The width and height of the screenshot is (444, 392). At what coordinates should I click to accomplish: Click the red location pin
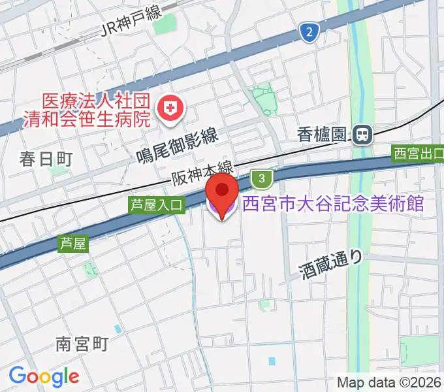(223, 193)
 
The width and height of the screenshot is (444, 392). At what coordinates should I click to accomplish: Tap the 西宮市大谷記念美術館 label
(333, 204)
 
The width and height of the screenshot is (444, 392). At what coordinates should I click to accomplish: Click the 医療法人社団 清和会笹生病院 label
(97, 110)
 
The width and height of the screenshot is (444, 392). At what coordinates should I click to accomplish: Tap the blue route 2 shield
(309, 31)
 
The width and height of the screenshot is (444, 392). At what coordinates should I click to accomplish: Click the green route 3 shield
(261, 178)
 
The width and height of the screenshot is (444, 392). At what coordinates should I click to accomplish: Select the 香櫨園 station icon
(361, 135)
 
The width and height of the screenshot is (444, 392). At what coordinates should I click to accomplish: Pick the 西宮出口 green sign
(418, 154)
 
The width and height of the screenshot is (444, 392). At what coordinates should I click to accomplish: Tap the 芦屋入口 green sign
(157, 205)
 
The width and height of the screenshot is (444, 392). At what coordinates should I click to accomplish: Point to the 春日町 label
(46, 159)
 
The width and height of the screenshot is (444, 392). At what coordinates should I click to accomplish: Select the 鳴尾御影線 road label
(177, 145)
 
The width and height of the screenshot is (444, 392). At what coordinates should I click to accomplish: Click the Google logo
(44, 376)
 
